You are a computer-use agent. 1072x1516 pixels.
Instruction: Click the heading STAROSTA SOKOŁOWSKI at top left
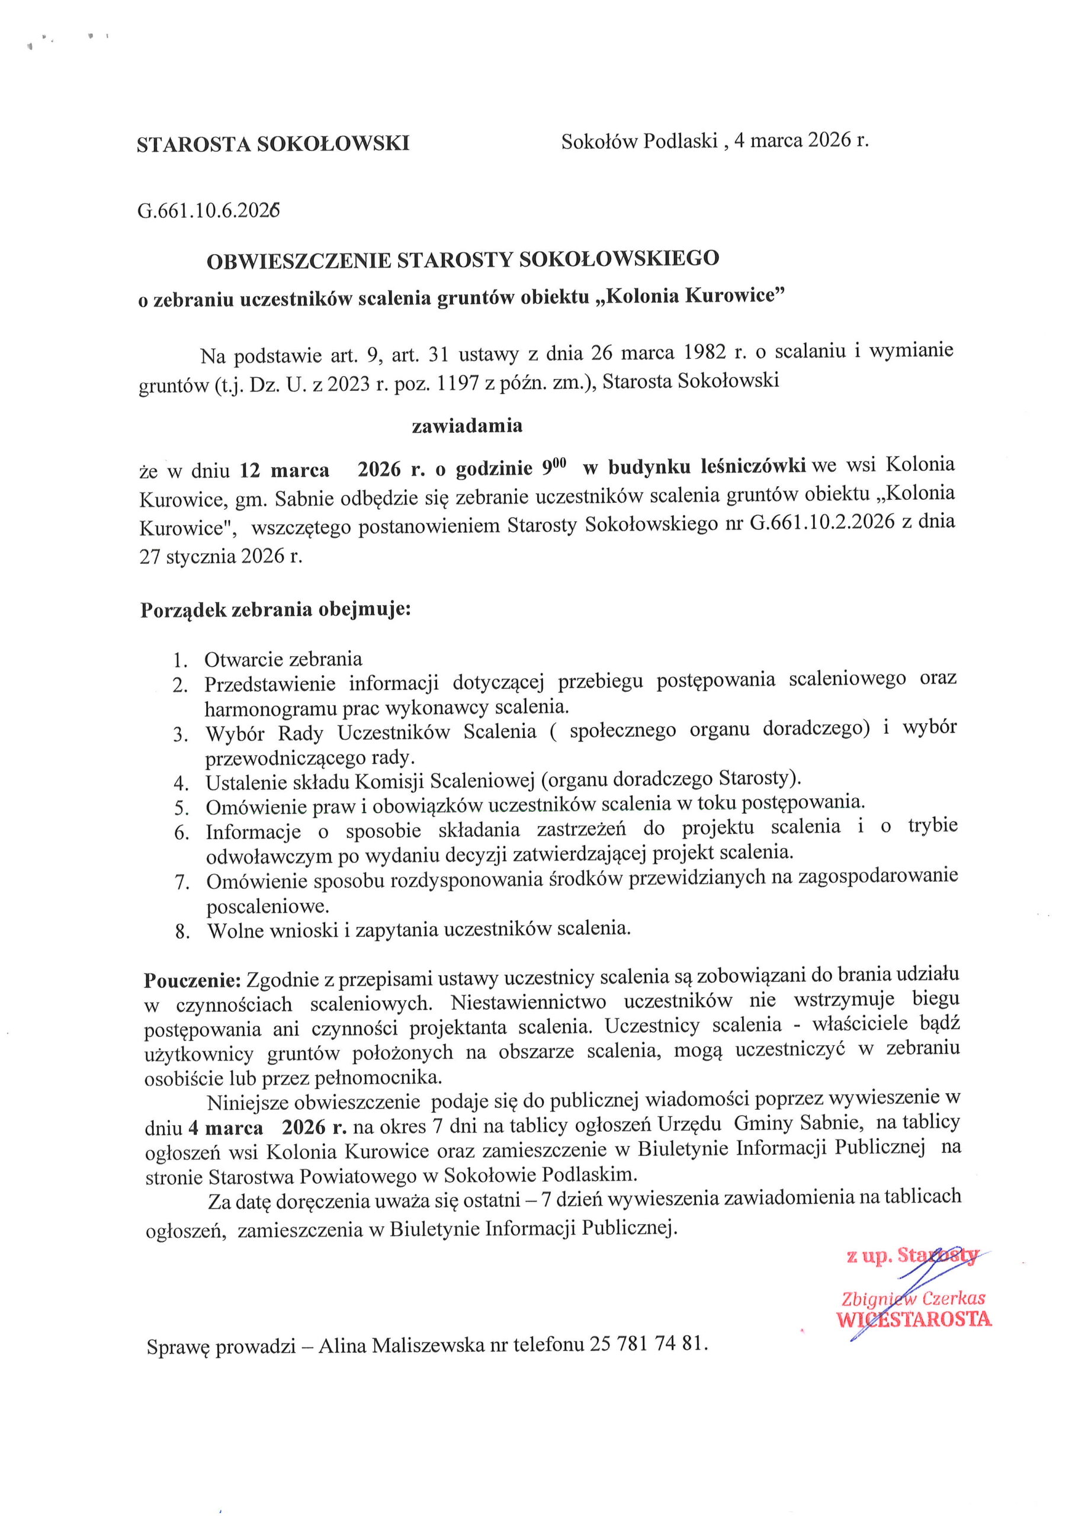point(273,143)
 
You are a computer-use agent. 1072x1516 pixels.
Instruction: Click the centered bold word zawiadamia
point(467,426)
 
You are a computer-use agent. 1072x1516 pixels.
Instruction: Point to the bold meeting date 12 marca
point(284,470)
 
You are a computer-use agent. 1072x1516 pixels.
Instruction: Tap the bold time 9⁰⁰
point(555,467)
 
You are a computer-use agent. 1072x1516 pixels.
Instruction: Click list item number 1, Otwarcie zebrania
point(283,659)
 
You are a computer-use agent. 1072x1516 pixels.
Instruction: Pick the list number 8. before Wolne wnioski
point(182,932)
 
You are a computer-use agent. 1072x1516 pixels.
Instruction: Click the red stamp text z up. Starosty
point(911,1256)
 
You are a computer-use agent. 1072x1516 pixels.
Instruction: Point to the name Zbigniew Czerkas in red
point(913,1298)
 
